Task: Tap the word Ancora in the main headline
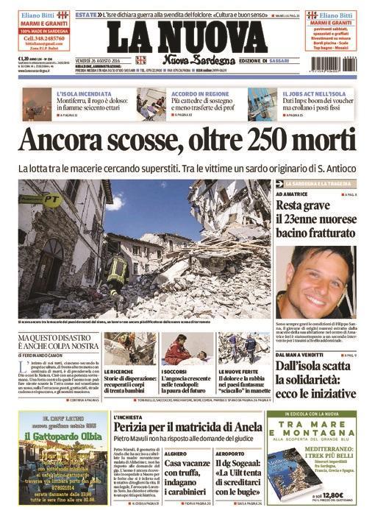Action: (x=63, y=141)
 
